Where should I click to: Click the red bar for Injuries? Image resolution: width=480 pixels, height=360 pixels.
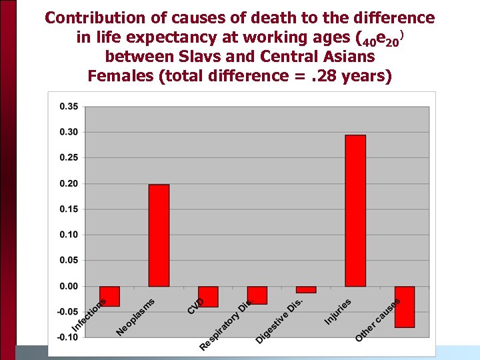[x=355, y=211]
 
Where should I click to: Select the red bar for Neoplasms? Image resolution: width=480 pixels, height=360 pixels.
[x=159, y=235]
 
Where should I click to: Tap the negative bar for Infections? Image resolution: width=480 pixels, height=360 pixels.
[x=109, y=296]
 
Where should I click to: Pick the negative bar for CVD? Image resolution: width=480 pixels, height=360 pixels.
[x=208, y=297]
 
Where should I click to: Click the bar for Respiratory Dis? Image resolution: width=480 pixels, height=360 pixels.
[x=257, y=295]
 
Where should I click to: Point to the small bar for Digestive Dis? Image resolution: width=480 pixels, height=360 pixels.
[x=306, y=289]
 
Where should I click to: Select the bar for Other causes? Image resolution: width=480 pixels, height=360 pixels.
[x=404, y=307]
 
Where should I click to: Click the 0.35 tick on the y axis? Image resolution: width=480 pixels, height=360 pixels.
[x=68, y=107]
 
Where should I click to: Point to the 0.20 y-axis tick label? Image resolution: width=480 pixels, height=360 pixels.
[x=68, y=184]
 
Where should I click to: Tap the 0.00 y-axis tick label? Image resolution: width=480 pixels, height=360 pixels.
[x=68, y=287]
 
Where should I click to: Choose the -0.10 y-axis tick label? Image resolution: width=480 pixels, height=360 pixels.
[x=67, y=337]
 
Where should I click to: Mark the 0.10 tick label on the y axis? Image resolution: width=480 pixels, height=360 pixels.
[x=68, y=235]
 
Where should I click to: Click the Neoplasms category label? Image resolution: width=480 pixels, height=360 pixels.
[x=135, y=317]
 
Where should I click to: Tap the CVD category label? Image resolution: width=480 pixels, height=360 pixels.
[x=195, y=305]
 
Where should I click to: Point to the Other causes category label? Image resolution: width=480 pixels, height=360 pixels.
[x=377, y=320]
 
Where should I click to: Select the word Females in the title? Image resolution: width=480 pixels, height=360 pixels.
[x=120, y=75]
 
